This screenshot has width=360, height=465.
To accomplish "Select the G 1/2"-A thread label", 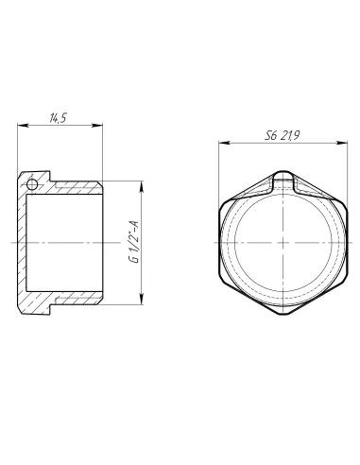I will [134, 242].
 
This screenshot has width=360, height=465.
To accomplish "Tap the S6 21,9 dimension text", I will [283, 137].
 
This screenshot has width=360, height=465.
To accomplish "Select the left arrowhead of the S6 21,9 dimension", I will [221, 144].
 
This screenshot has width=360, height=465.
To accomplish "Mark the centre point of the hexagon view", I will [283, 242].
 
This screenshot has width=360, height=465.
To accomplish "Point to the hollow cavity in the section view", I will [61, 242].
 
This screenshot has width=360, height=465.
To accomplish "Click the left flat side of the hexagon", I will [221, 242].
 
